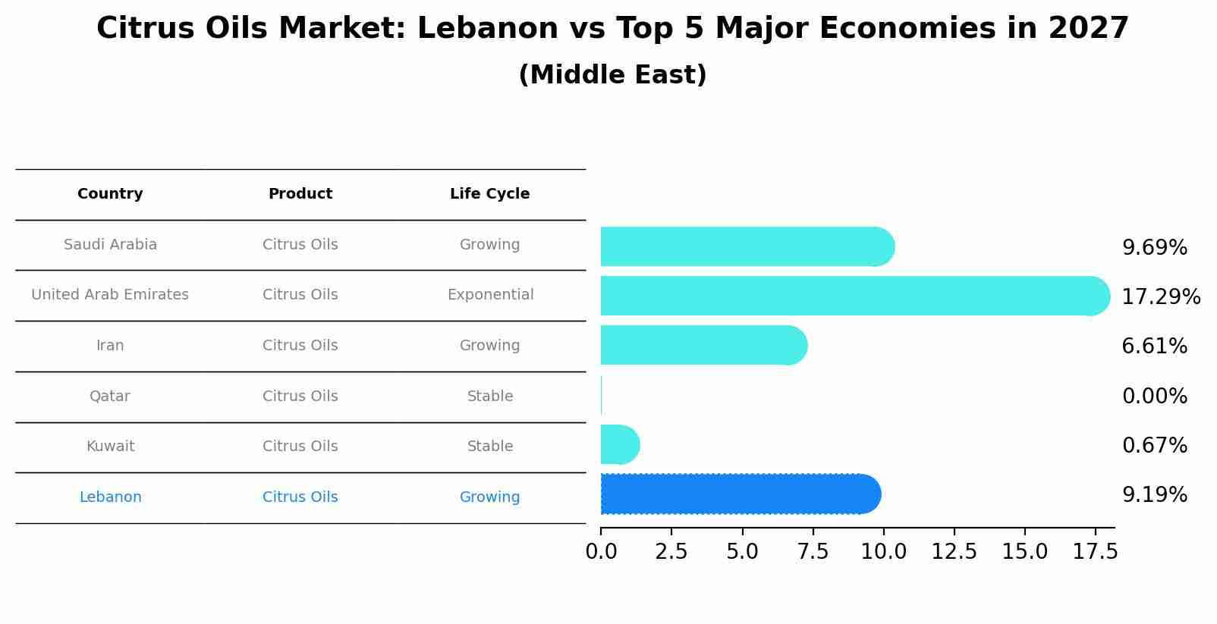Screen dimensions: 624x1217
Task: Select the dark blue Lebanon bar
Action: (740, 494)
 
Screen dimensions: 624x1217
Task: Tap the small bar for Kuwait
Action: (618, 445)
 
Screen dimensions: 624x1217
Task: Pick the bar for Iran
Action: (702, 346)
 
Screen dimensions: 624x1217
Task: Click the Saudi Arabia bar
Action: (747, 246)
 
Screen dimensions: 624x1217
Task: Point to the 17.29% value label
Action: (1160, 296)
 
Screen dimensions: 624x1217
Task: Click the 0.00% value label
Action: (1154, 396)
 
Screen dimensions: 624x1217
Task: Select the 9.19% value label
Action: (1154, 495)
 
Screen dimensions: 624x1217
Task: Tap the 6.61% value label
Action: (1154, 346)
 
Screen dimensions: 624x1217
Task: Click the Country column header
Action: (110, 194)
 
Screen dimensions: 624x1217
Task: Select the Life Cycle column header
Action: (489, 194)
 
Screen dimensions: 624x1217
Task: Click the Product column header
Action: (300, 194)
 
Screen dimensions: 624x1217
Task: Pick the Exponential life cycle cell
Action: (490, 295)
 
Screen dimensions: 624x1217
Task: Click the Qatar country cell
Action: (110, 397)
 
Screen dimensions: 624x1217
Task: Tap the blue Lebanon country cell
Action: (110, 497)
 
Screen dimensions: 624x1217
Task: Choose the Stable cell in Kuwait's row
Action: (490, 447)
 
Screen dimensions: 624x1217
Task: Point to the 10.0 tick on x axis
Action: (883, 552)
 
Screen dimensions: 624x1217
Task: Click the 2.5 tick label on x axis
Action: (671, 552)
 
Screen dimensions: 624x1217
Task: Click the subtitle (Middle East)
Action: (612, 75)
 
